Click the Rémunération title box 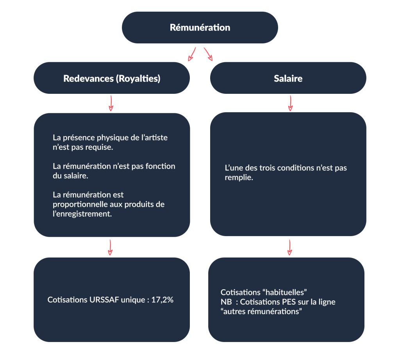[200, 27]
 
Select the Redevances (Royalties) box [112, 78]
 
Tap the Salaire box [288, 78]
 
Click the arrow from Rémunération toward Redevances [192, 54]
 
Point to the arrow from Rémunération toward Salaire [208, 54]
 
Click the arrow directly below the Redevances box [111, 103]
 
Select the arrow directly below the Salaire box [290, 103]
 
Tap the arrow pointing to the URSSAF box [110, 247]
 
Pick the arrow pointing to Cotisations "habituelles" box [289, 247]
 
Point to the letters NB [226, 302]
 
